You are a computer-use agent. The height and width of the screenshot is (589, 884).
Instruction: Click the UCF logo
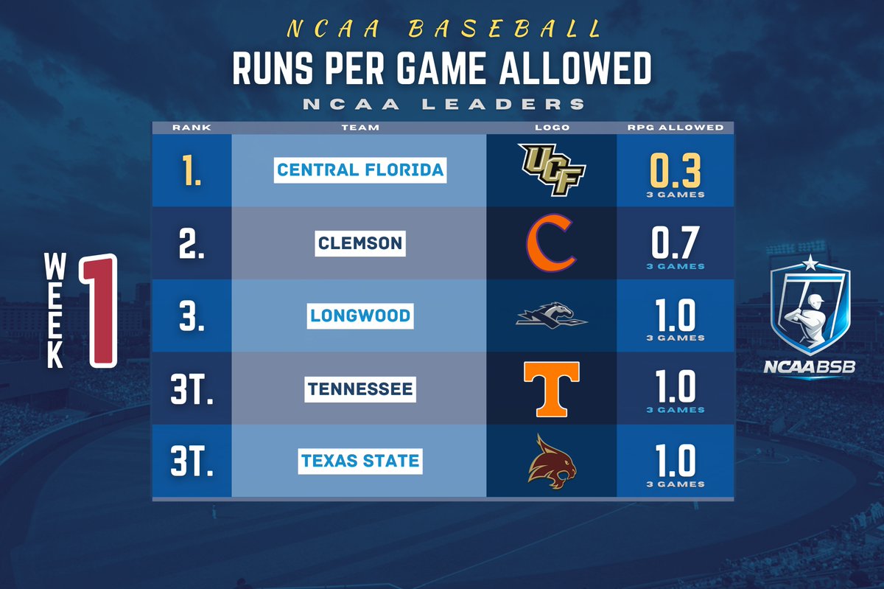551,170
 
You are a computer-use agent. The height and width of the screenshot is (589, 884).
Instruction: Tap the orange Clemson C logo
551,243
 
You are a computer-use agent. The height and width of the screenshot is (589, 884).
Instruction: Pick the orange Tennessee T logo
551,388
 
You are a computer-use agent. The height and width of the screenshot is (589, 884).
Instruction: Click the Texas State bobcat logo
551,461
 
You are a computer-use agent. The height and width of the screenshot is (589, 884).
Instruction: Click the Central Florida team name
360,170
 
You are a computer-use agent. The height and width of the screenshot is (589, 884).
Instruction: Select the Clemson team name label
360,243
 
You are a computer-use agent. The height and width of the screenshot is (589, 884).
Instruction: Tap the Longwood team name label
360,316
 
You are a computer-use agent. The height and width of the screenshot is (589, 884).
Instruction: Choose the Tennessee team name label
360,388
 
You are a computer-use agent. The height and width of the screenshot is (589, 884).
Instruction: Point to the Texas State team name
360,461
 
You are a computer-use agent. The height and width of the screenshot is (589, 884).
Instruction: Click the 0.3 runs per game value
676,170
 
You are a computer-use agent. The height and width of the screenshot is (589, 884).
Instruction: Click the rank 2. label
192,243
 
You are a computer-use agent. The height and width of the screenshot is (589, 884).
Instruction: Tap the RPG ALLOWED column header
676,128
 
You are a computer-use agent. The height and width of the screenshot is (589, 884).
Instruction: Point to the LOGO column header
551,128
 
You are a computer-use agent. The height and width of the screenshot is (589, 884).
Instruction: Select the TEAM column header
360,128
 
